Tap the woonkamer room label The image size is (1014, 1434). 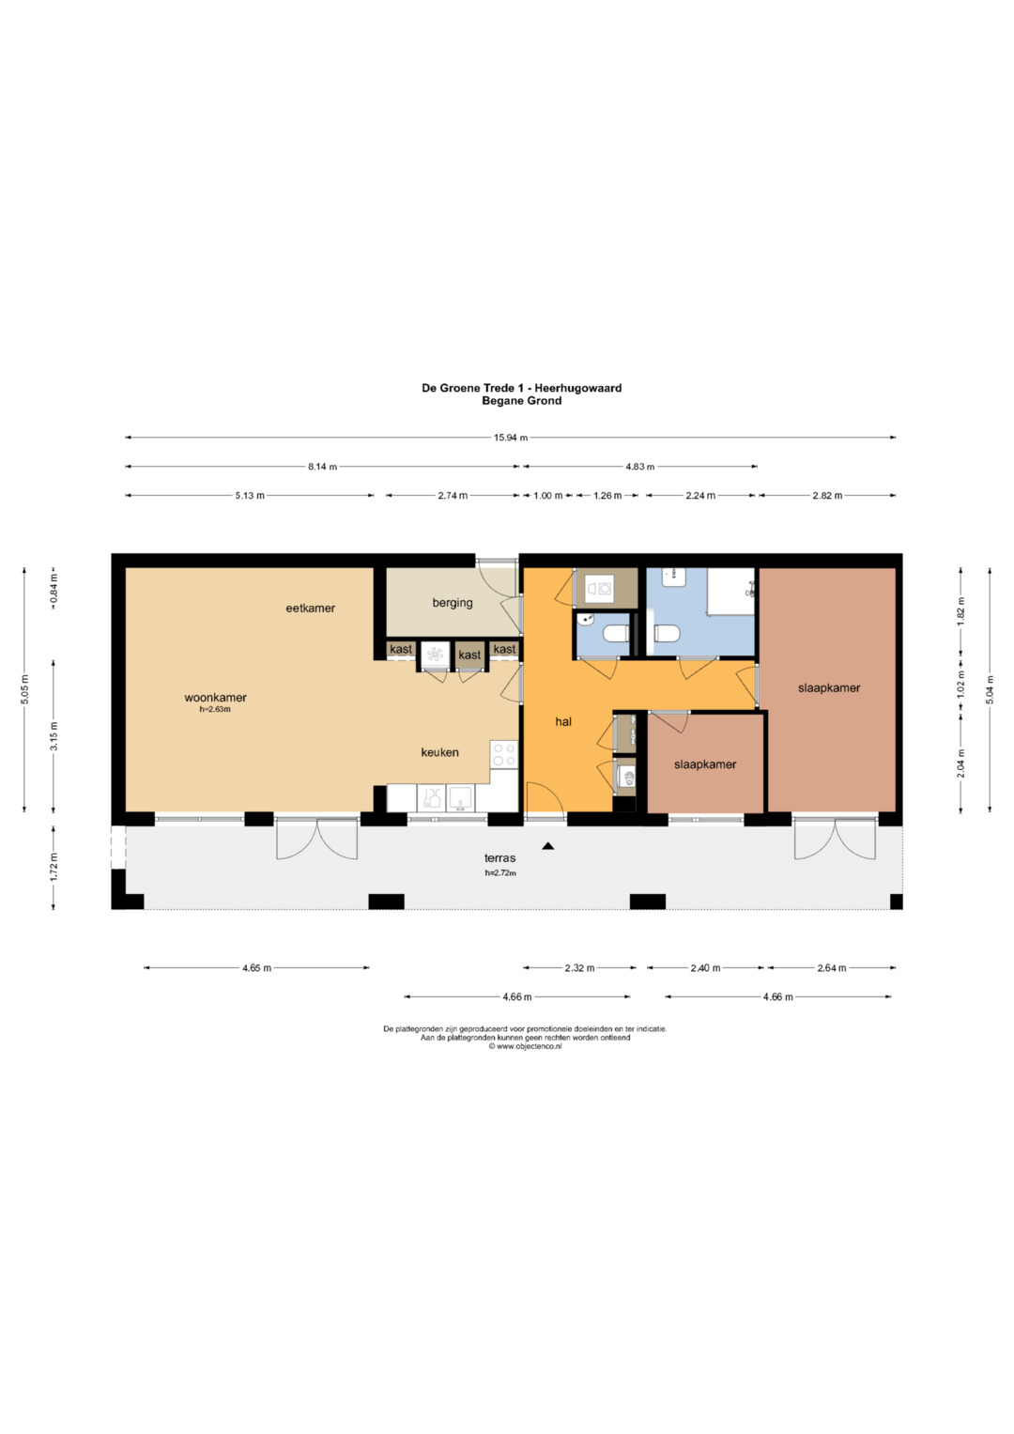(x=215, y=698)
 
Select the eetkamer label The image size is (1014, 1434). (x=311, y=609)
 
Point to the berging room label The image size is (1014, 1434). (x=453, y=603)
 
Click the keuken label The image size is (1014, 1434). (x=439, y=752)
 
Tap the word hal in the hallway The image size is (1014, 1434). (x=563, y=721)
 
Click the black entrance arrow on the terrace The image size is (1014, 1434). (x=548, y=846)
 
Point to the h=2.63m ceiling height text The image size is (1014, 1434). (x=215, y=709)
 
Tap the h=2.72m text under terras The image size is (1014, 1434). (x=500, y=872)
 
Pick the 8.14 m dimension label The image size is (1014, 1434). (x=322, y=467)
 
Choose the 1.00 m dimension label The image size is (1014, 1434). (x=548, y=496)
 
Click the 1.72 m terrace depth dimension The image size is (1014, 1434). (x=54, y=867)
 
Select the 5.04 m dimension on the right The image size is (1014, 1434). (x=990, y=690)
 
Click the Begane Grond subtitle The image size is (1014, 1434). (x=522, y=401)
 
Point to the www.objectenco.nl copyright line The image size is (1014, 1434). (x=525, y=1046)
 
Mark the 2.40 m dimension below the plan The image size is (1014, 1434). (x=705, y=968)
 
